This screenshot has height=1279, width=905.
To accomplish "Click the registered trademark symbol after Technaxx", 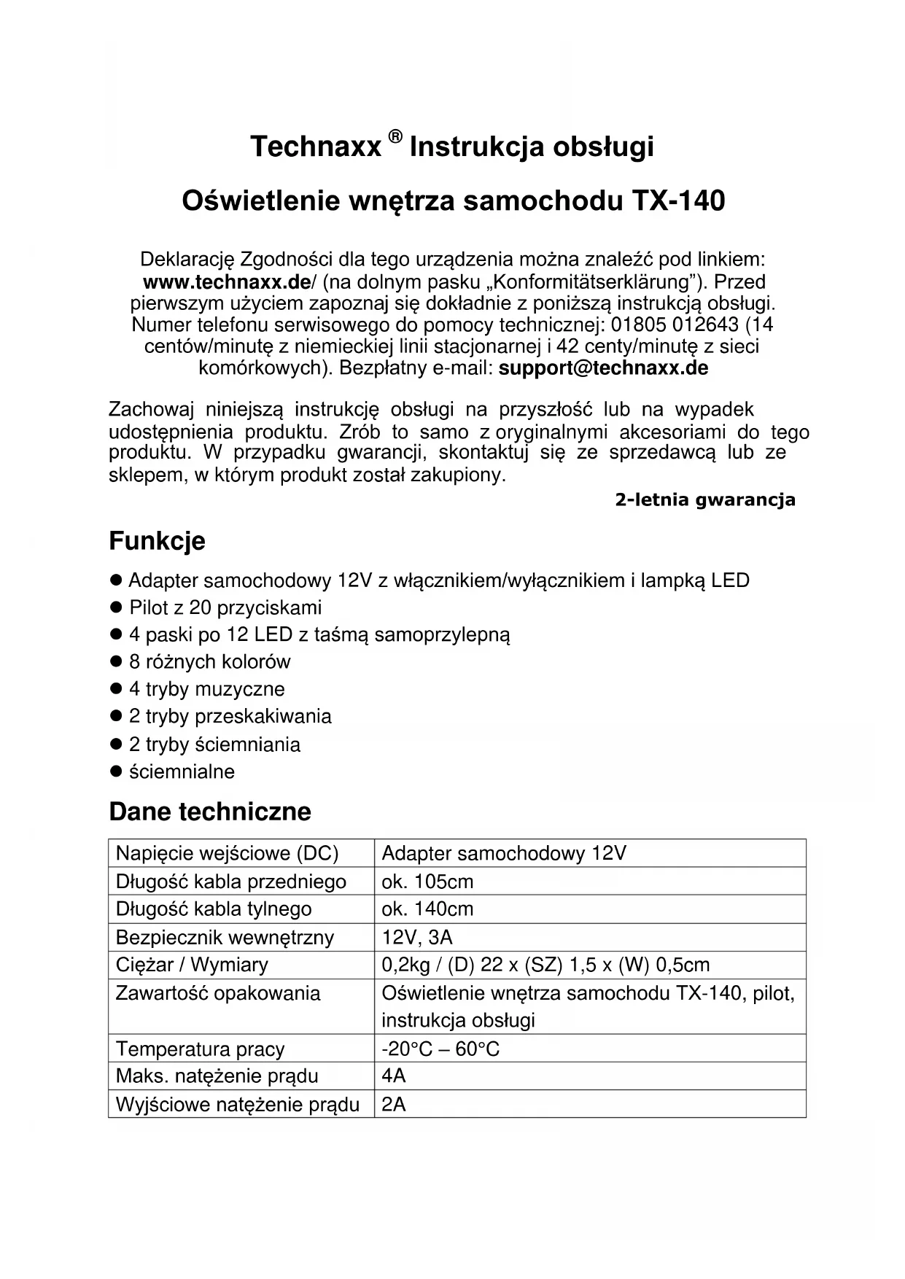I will coord(395,136).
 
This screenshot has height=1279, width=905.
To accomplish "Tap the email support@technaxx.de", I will coord(603,368).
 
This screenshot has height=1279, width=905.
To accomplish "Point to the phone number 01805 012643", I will coord(665,324).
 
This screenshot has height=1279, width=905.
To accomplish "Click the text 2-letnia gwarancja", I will coord(704,500).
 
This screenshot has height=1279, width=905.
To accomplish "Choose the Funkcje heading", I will coord(157,541).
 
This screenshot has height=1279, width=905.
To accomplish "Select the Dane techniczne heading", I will coord(210,812).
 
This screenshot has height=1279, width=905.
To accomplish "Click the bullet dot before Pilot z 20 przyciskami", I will coord(114,607).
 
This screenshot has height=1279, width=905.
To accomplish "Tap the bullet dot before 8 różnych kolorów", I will coord(114,661).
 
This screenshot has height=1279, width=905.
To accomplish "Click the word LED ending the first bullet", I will coord(730,580).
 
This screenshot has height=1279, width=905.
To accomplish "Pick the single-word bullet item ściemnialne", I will coord(182,771).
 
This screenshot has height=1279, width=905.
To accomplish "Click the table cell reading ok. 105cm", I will coord(427,882).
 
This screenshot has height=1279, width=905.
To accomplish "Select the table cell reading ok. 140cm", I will coord(427,909).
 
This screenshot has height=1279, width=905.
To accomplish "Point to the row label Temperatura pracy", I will coord(200,1049).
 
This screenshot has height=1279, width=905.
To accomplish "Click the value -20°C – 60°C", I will coord(440,1049).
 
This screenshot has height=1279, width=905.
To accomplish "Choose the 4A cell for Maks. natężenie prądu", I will coord(394,1076).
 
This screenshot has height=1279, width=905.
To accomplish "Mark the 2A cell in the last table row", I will coord(394,1104).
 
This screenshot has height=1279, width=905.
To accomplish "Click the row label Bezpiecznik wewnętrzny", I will coord(225,937).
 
